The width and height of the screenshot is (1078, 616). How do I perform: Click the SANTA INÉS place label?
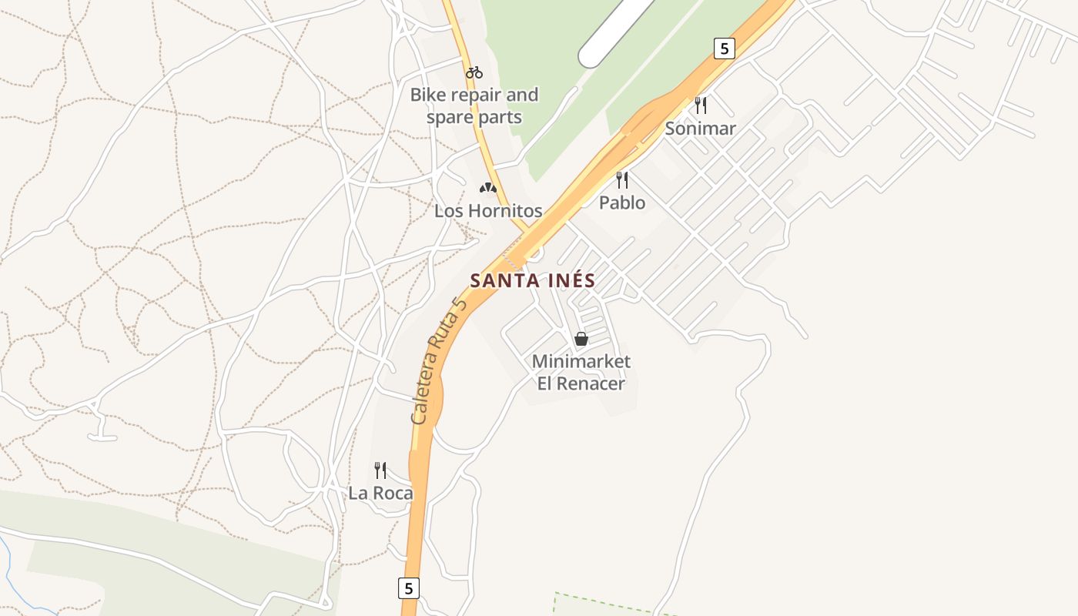(x=533, y=281)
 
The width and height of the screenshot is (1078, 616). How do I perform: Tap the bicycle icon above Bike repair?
(x=474, y=72)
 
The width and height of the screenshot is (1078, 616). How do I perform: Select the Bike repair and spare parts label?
(x=474, y=106)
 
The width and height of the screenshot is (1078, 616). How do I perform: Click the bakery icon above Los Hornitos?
(x=487, y=188)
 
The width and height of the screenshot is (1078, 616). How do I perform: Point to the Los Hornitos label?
(x=488, y=211)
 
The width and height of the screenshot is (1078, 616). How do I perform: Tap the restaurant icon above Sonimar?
(x=701, y=105)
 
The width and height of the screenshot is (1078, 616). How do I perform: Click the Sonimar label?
(x=701, y=129)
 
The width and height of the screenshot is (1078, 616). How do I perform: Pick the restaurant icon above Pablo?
(x=622, y=180)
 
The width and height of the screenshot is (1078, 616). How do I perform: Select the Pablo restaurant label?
(x=622, y=203)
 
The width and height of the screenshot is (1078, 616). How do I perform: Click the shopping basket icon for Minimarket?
(x=581, y=339)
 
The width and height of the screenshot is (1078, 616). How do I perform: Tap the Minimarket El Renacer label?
(x=581, y=373)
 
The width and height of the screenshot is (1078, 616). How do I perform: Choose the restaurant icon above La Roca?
(x=380, y=470)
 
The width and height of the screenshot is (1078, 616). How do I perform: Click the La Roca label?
(x=380, y=494)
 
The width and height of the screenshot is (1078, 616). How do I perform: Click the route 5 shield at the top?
(x=724, y=49)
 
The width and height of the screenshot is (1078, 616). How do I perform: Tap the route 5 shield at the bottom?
(x=409, y=588)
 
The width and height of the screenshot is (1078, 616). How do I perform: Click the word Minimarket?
(x=581, y=362)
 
